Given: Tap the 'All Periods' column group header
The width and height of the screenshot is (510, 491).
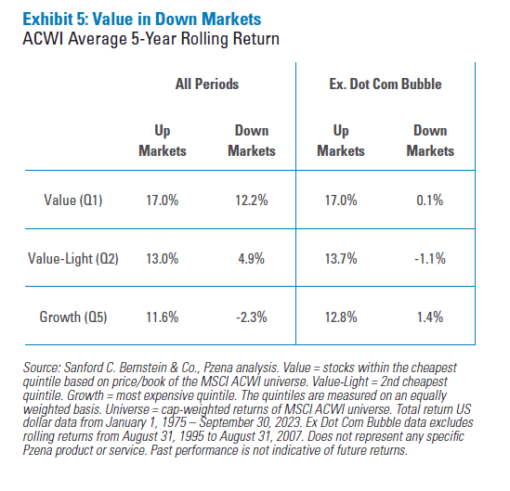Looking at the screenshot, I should point(206,84).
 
